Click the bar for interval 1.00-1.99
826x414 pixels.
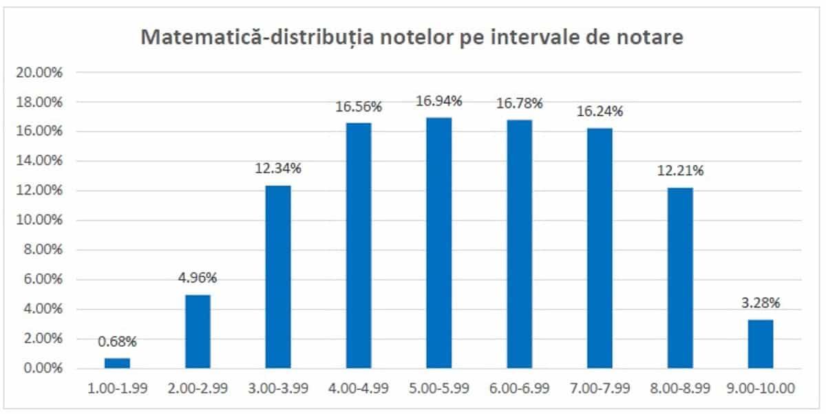click(117, 363)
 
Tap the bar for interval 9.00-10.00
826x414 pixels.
click(760, 344)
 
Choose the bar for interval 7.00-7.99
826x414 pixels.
click(600, 248)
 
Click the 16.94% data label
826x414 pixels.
click(438, 101)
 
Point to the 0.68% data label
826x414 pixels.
click(117, 341)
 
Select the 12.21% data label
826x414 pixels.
click(680, 171)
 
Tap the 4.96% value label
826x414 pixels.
click(198, 278)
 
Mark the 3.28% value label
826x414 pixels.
click(760, 303)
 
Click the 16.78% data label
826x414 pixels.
click(519, 103)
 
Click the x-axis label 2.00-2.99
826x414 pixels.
click(198, 389)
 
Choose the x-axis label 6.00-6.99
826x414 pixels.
click(519, 389)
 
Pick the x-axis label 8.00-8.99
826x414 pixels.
click(680, 389)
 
